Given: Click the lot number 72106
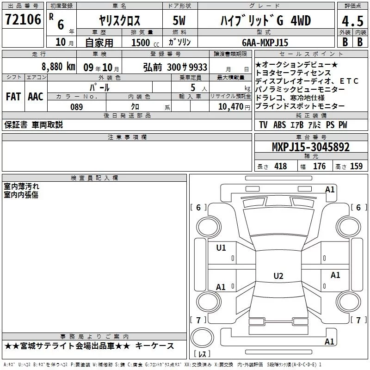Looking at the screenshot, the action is click(x=23, y=19).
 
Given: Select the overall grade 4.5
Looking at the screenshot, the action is click(x=352, y=21).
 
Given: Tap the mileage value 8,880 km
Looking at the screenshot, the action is click(x=58, y=67).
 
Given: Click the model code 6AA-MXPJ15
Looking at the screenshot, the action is click(x=265, y=43).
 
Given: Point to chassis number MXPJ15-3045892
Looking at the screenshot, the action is click(x=310, y=147).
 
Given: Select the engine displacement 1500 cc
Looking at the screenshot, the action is click(x=145, y=43).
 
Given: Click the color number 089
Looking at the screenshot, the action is click(x=76, y=107).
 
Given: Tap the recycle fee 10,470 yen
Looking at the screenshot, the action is click(x=234, y=107).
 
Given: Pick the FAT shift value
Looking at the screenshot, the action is click(x=13, y=97).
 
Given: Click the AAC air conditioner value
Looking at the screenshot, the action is click(x=36, y=97).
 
